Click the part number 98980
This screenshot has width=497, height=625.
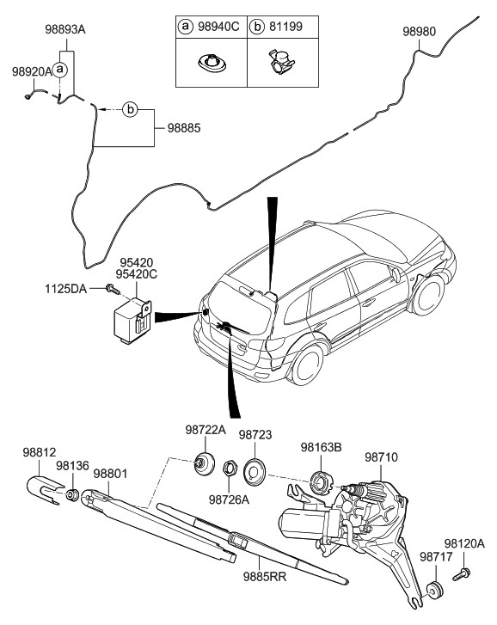pos(420,32)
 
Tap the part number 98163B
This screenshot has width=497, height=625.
pos(321,447)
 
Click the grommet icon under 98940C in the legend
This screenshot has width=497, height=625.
pos(210,62)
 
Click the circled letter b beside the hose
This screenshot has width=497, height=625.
pos(130,109)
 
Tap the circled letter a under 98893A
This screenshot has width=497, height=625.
pos(60,67)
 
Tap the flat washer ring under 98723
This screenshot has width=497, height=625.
pos(256,469)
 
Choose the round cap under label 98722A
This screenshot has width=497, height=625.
pos(205,462)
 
